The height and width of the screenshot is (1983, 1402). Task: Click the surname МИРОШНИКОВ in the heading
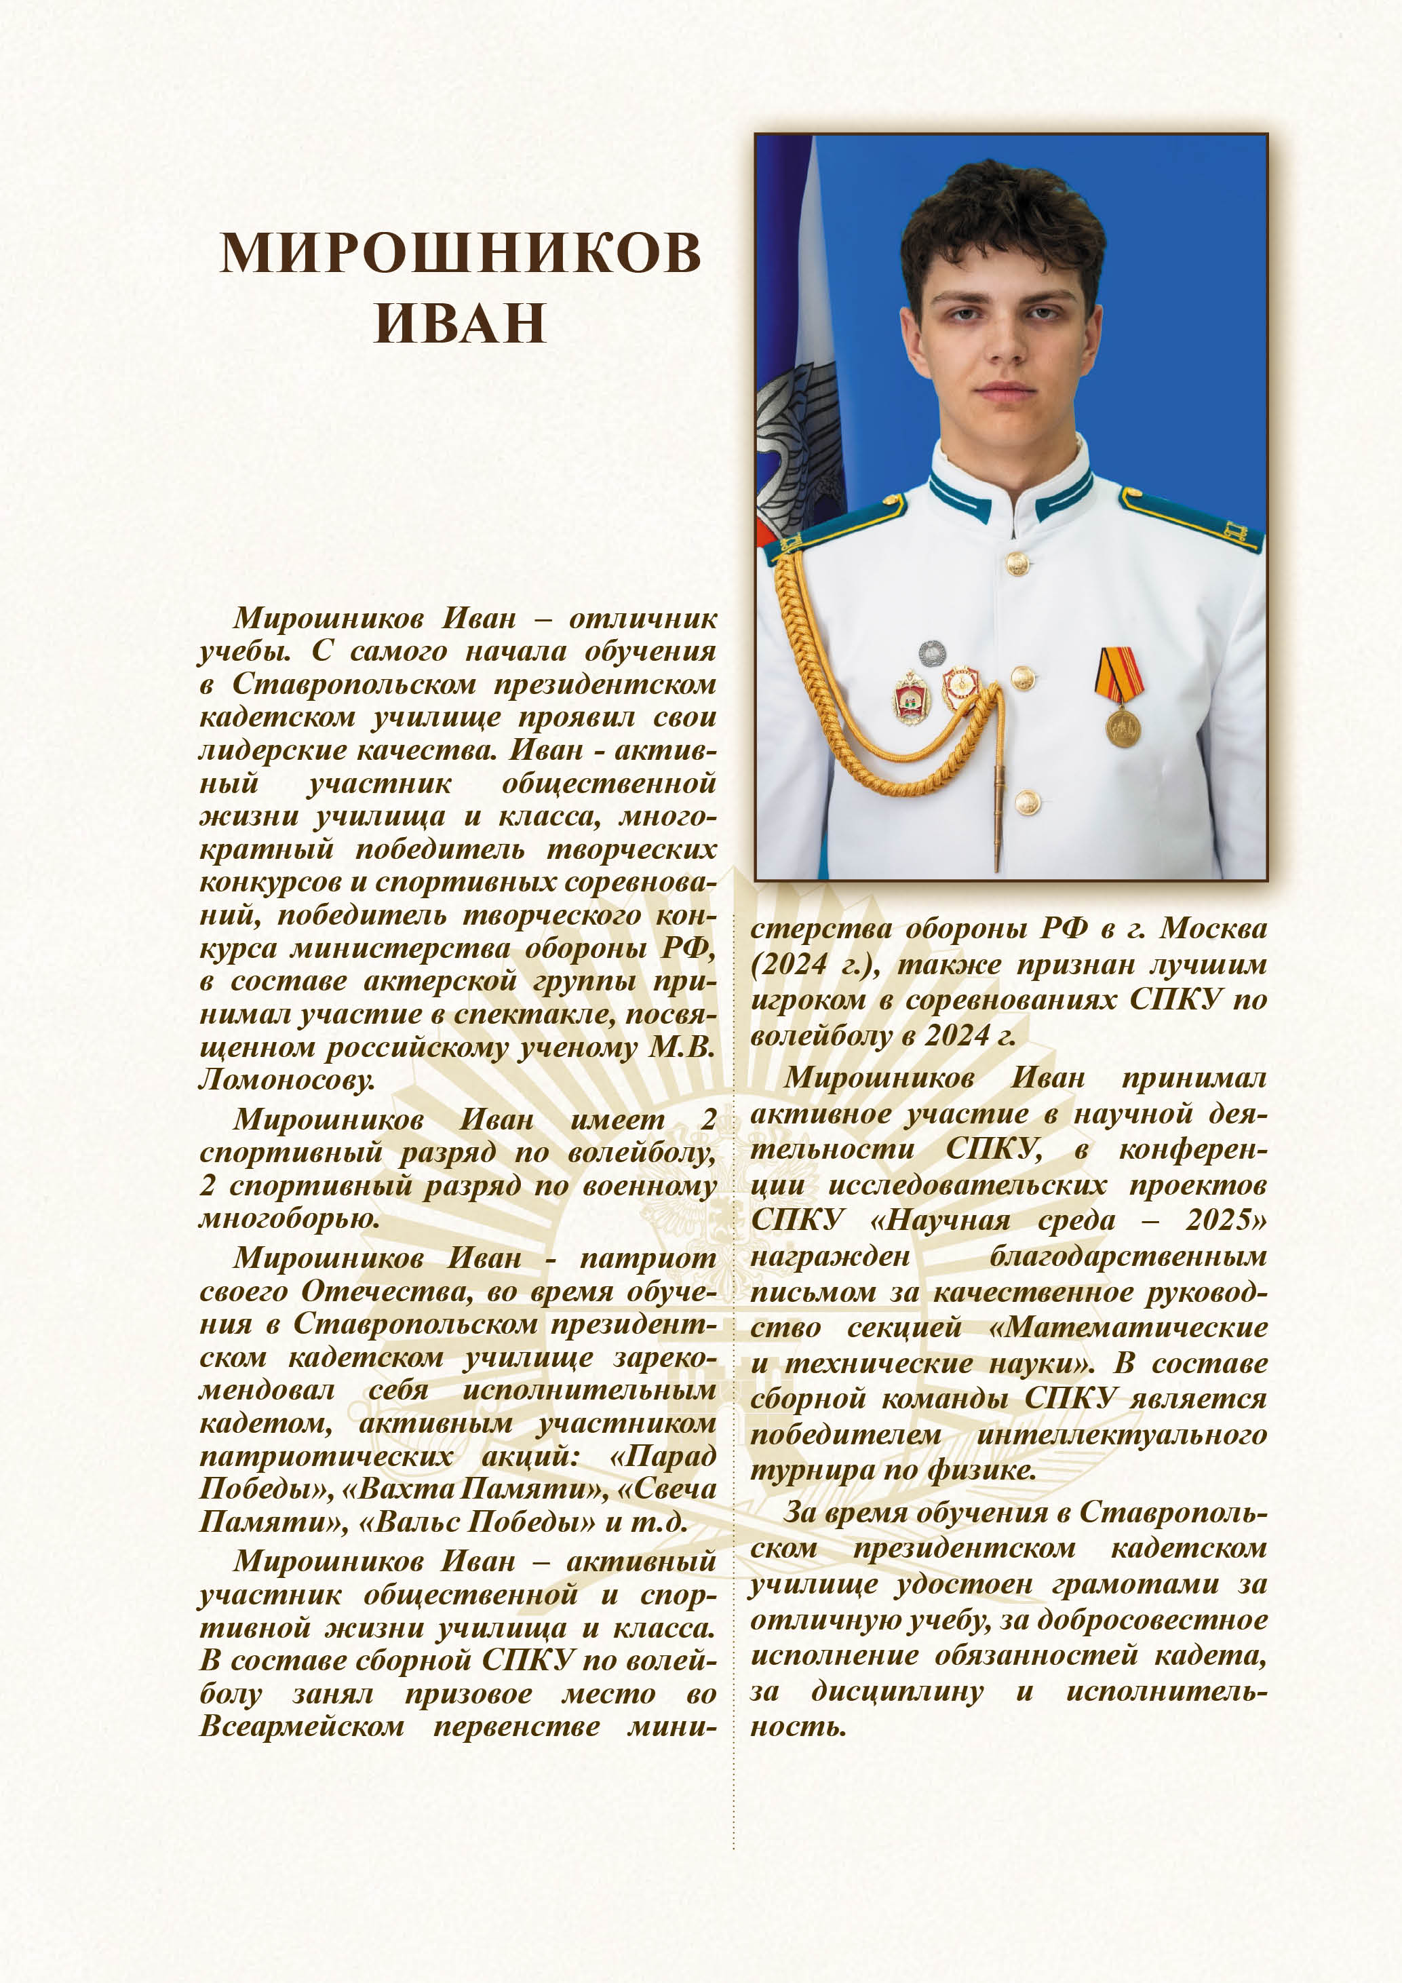point(460,252)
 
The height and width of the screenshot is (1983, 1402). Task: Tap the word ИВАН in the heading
point(460,322)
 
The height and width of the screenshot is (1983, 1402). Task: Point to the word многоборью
point(289,1218)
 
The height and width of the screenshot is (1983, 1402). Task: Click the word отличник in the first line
point(642,619)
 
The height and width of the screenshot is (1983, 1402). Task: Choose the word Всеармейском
point(301,1727)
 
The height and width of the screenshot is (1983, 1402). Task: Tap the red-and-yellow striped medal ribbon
point(1120,674)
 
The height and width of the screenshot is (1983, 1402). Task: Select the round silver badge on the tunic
point(931,653)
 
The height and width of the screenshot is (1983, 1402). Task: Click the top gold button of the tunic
point(1018,564)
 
